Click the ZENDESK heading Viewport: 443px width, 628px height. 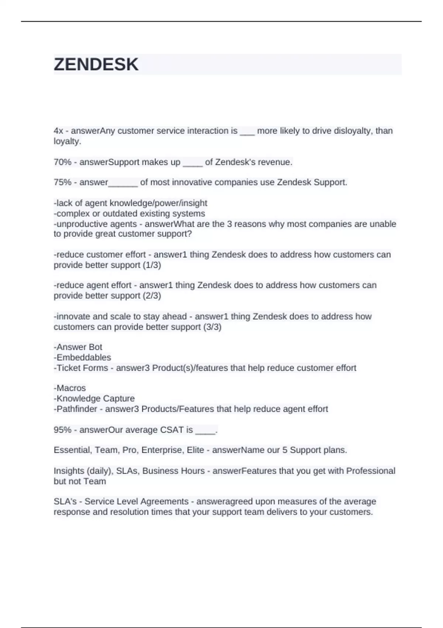point(96,65)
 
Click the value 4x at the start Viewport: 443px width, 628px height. point(58,131)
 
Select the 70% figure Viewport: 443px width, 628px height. point(62,162)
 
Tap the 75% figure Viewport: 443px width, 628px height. point(62,182)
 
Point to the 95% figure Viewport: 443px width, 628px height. point(62,430)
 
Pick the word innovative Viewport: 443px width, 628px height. point(189,182)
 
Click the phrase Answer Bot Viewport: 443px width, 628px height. point(79,347)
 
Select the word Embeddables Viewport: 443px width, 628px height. point(83,358)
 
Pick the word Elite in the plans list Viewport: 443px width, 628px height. point(195,450)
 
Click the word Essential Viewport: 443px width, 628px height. point(72,450)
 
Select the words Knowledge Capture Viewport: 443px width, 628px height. point(95,399)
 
